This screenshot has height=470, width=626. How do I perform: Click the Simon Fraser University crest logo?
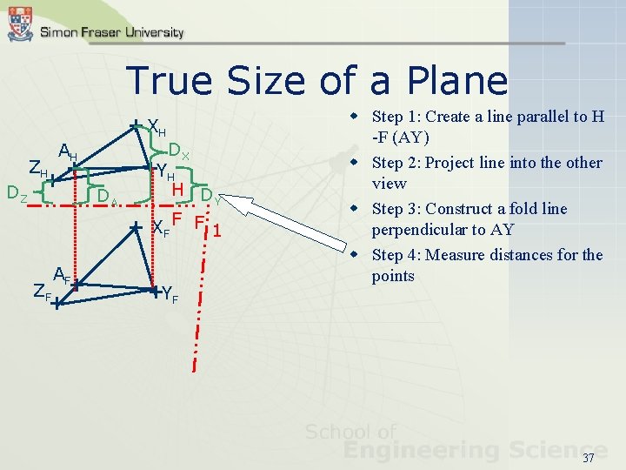pyautogui.click(x=19, y=23)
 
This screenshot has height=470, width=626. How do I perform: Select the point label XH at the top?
pyautogui.click(x=157, y=127)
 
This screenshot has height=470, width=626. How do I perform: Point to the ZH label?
pyautogui.click(x=37, y=169)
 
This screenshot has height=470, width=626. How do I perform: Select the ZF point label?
pyautogui.click(x=41, y=293)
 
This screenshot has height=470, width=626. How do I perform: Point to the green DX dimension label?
pyautogui.click(x=179, y=151)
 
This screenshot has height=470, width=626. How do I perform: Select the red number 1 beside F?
pyautogui.click(x=217, y=232)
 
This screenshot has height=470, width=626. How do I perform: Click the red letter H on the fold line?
pyautogui.click(x=176, y=189)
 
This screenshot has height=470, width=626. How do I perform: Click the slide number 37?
pyautogui.click(x=588, y=458)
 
